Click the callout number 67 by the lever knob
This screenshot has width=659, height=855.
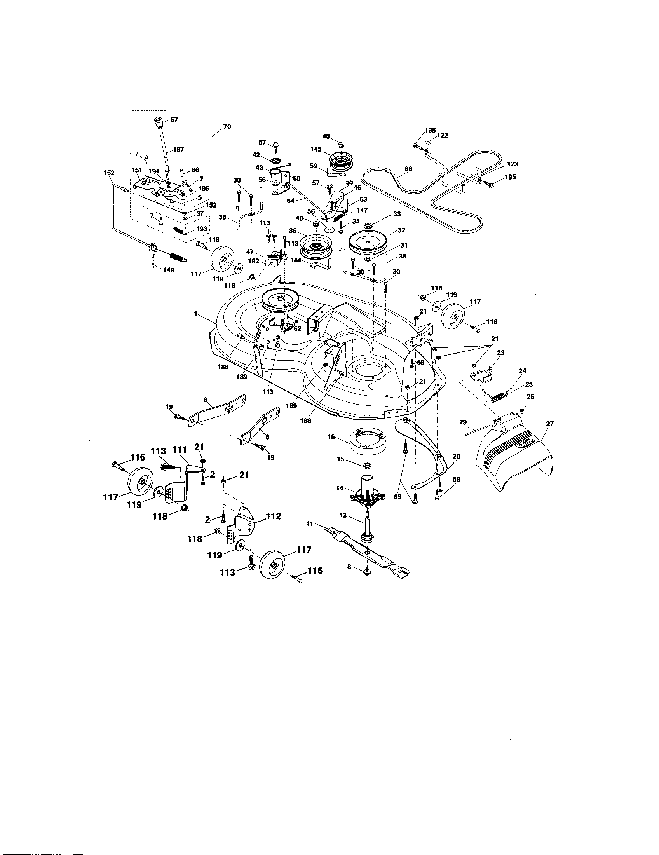click(174, 120)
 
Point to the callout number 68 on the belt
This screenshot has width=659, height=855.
click(408, 169)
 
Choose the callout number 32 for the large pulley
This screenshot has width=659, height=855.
click(401, 230)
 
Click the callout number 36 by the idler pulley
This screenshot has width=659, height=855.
click(292, 231)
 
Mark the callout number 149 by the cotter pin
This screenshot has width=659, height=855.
click(169, 270)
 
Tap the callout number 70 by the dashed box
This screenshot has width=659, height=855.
click(227, 126)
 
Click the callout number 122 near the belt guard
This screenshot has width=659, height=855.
click(443, 136)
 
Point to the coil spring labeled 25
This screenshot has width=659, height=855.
click(497, 395)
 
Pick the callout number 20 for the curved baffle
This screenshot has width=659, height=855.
click(456, 457)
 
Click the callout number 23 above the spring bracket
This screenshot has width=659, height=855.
click(500, 353)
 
